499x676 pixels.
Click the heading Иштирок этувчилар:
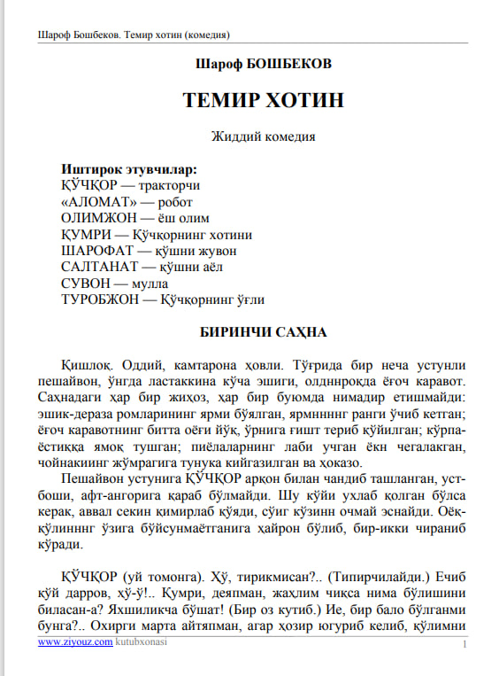pyautogui.click(x=128, y=168)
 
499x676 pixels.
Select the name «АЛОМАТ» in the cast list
pyautogui.click(x=95, y=202)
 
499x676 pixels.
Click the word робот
pyautogui.click(x=173, y=202)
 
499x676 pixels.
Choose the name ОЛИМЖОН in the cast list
pyautogui.click(x=96, y=218)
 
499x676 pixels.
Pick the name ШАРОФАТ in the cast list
pyautogui.click(x=96, y=251)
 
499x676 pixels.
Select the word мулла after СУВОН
pyautogui.click(x=150, y=284)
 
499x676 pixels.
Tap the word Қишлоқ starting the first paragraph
pyautogui.click(x=87, y=366)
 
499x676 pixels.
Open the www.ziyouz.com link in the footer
pyautogui.click(x=74, y=644)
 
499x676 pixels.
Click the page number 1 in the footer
pyautogui.click(x=464, y=645)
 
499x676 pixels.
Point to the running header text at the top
pyautogui.click(x=134, y=35)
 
